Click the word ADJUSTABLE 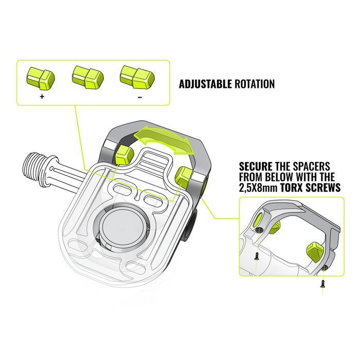(x=205, y=84)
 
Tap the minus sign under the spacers (x=140, y=96)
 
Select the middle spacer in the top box (x=88, y=76)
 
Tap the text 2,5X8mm (x=259, y=188)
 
